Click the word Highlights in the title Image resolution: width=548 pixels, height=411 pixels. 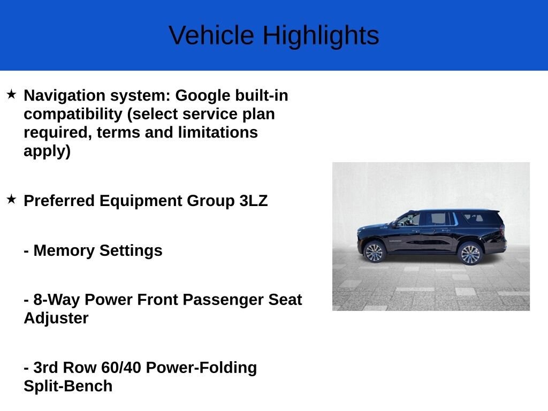point(321,36)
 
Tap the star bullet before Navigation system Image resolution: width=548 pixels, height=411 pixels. point(11,95)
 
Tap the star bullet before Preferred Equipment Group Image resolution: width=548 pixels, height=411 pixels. point(11,200)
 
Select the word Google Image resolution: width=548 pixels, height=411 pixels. point(202,96)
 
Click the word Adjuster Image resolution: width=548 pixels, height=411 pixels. point(56,318)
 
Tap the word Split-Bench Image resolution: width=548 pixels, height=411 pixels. point(68,386)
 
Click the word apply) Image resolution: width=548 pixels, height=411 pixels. point(47,151)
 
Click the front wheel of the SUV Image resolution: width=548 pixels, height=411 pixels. point(374,252)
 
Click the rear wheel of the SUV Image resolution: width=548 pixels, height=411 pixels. point(470,254)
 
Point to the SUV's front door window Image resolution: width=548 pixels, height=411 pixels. point(409,219)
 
